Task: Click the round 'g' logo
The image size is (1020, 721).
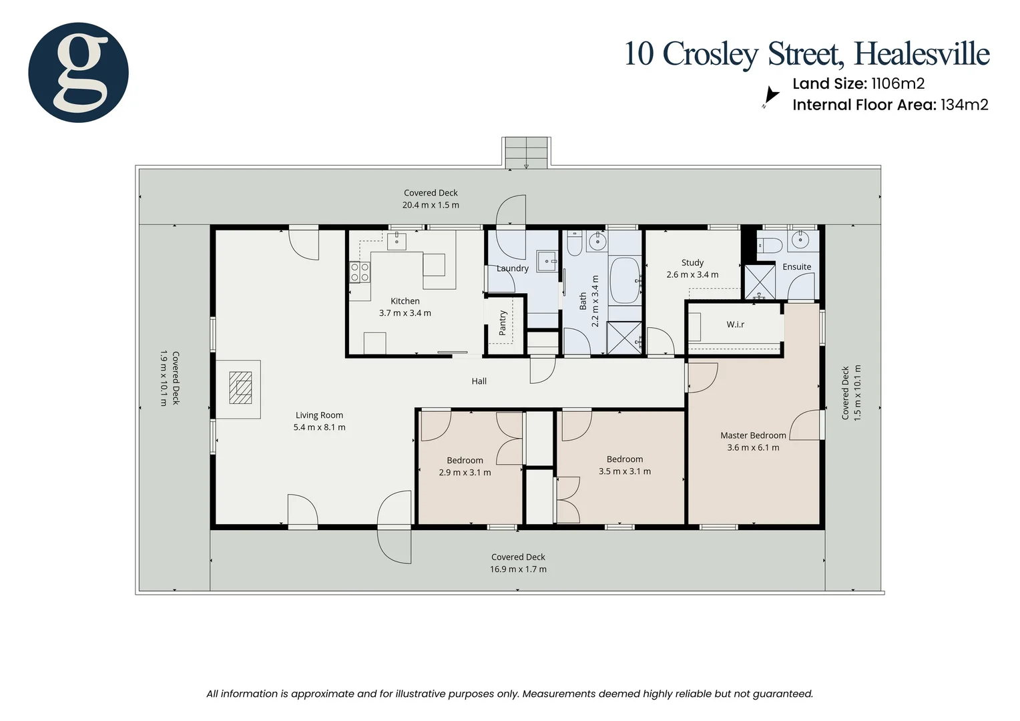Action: point(78,72)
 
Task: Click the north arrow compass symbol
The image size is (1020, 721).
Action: point(770,97)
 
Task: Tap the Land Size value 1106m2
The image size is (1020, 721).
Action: point(897,83)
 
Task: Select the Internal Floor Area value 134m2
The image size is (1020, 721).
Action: point(964,105)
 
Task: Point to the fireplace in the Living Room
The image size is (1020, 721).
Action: point(240,388)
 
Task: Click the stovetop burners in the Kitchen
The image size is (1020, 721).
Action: point(360,272)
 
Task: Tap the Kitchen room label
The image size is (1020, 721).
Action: point(405,301)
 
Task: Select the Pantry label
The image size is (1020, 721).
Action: point(503,323)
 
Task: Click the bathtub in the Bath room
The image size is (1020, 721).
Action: point(625,280)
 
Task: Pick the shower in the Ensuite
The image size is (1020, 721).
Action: point(759,282)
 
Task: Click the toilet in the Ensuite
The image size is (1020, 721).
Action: point(770,245)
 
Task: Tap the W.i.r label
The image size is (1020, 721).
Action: point(735,324)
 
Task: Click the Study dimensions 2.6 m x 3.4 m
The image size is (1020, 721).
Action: point(692,274)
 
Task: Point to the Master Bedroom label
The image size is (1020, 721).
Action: point(753,435)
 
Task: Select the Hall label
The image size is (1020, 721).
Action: point(479,381)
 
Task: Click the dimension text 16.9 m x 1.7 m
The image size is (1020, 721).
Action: point(518,569)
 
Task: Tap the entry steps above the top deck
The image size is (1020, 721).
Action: point(526,152)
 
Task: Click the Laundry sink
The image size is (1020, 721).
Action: point(547,260)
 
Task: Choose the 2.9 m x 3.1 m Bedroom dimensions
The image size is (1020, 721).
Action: point(465,473)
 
